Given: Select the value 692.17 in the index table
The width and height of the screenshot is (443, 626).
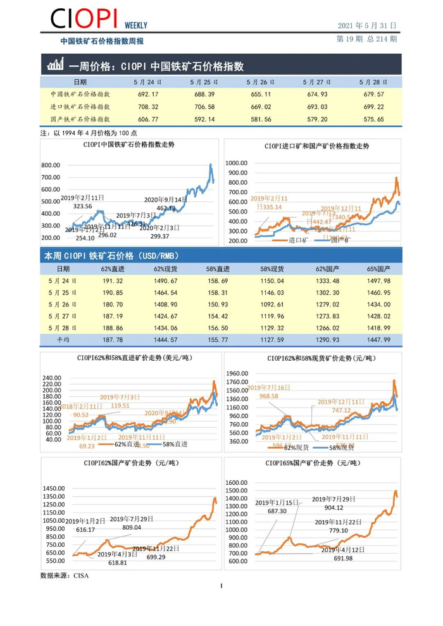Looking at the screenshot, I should coord(147,94).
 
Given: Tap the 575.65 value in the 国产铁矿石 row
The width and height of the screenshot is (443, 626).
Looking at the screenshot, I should coord(372,118).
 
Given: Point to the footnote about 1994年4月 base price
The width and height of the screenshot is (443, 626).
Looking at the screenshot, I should coord(88,134).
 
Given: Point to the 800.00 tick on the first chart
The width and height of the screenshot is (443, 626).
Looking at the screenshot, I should coord(51,165).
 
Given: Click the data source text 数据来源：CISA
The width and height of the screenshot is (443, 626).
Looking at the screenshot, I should coord(65,576).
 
